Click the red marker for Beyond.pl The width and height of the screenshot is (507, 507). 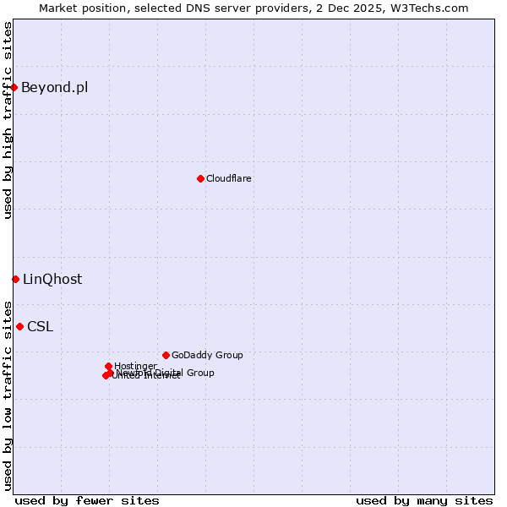click(14, 87)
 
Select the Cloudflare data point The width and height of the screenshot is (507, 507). click(200, 178)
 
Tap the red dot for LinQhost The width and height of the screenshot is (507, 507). click(15, 279)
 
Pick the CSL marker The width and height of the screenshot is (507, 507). click(19, 326)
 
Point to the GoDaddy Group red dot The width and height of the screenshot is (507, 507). click(166, 355)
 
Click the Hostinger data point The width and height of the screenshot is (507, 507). click(108, 366)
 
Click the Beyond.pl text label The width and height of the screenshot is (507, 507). click(54, 87)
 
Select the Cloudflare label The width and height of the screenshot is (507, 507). click(229, 178)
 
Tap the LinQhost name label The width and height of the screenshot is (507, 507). click(52, 279)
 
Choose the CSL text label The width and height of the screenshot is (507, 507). click(40, 326)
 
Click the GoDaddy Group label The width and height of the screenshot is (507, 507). click(207, 355)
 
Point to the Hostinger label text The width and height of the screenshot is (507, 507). click(135, 366)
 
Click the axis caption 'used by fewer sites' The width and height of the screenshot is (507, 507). click(87, 500)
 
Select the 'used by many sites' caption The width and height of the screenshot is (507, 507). click(424, 500)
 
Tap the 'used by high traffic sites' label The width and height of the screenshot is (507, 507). click(8, 120)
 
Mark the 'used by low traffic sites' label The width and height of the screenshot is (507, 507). click(8, 395)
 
